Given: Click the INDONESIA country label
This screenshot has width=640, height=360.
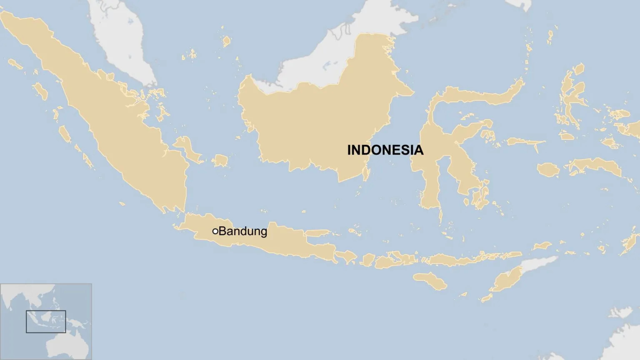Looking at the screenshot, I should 385,150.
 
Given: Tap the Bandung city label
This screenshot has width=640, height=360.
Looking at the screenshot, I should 242,231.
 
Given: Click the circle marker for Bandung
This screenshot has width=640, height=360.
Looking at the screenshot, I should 215,231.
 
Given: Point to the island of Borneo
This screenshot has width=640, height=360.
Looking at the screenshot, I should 317,125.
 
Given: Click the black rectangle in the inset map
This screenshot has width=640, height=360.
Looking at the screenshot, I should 46,322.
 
